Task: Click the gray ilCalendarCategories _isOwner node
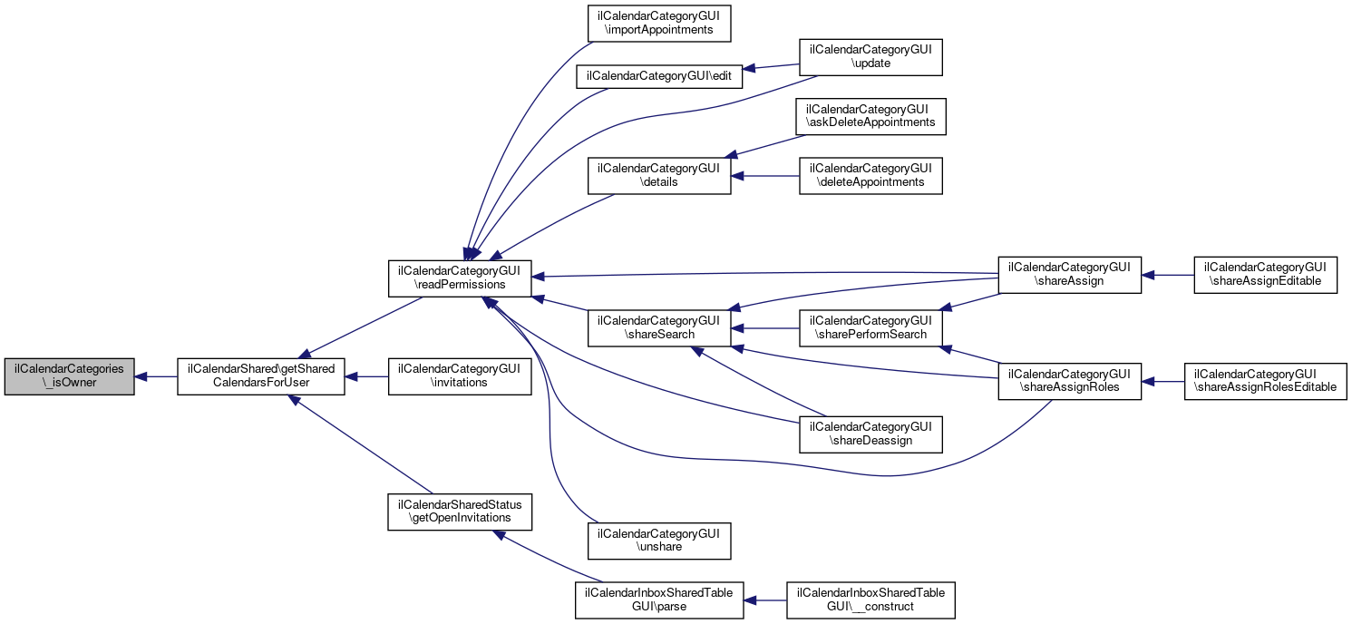click(x=70, y=375)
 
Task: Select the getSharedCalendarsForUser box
click(x=261, y=375)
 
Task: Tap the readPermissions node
click(x=460, y=278)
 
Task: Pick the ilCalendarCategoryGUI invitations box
click(x=460, y=375)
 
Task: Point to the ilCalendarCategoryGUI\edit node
click(x=659, y=76)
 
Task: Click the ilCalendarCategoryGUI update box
click(x=871, y=56)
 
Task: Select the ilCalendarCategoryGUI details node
click(x=659, y=175)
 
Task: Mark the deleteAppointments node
click(x=871, y=175)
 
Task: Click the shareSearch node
click(x=659, y=327)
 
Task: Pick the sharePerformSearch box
click(x=871, y=327)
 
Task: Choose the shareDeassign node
click(x=871, y=434)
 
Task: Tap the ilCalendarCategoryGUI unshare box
click(x=659, y=541)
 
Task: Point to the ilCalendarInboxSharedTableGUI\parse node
click(x=659, y=600)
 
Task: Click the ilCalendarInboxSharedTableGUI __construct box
click(x=871, y=600)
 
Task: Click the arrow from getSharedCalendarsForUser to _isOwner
click(x=156, y=375)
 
